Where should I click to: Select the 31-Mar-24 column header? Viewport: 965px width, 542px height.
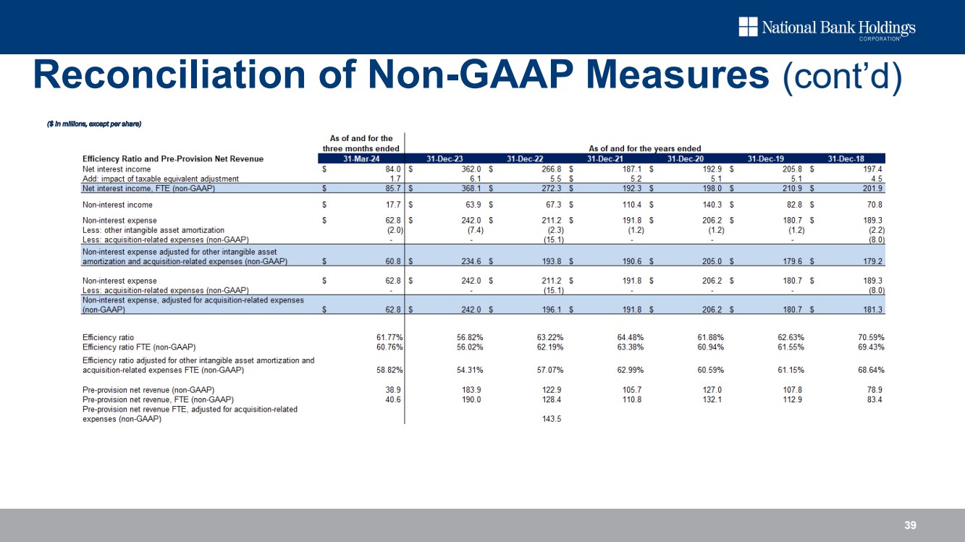(x=361, y=158)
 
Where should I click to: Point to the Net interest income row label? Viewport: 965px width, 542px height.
(x=117, y=169)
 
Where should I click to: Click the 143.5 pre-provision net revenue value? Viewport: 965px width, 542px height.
(x=551, y=420)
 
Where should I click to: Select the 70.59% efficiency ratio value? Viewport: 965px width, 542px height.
(x=866, y=336)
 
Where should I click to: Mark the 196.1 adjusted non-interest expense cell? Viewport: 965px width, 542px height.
(x=551, y=309)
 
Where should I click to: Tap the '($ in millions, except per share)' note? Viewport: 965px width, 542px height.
(x=93, y=124)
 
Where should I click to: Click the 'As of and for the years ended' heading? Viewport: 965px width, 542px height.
(x=644, y=148)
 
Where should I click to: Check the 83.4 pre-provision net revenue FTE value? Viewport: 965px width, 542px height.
(x=872, y=399)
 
